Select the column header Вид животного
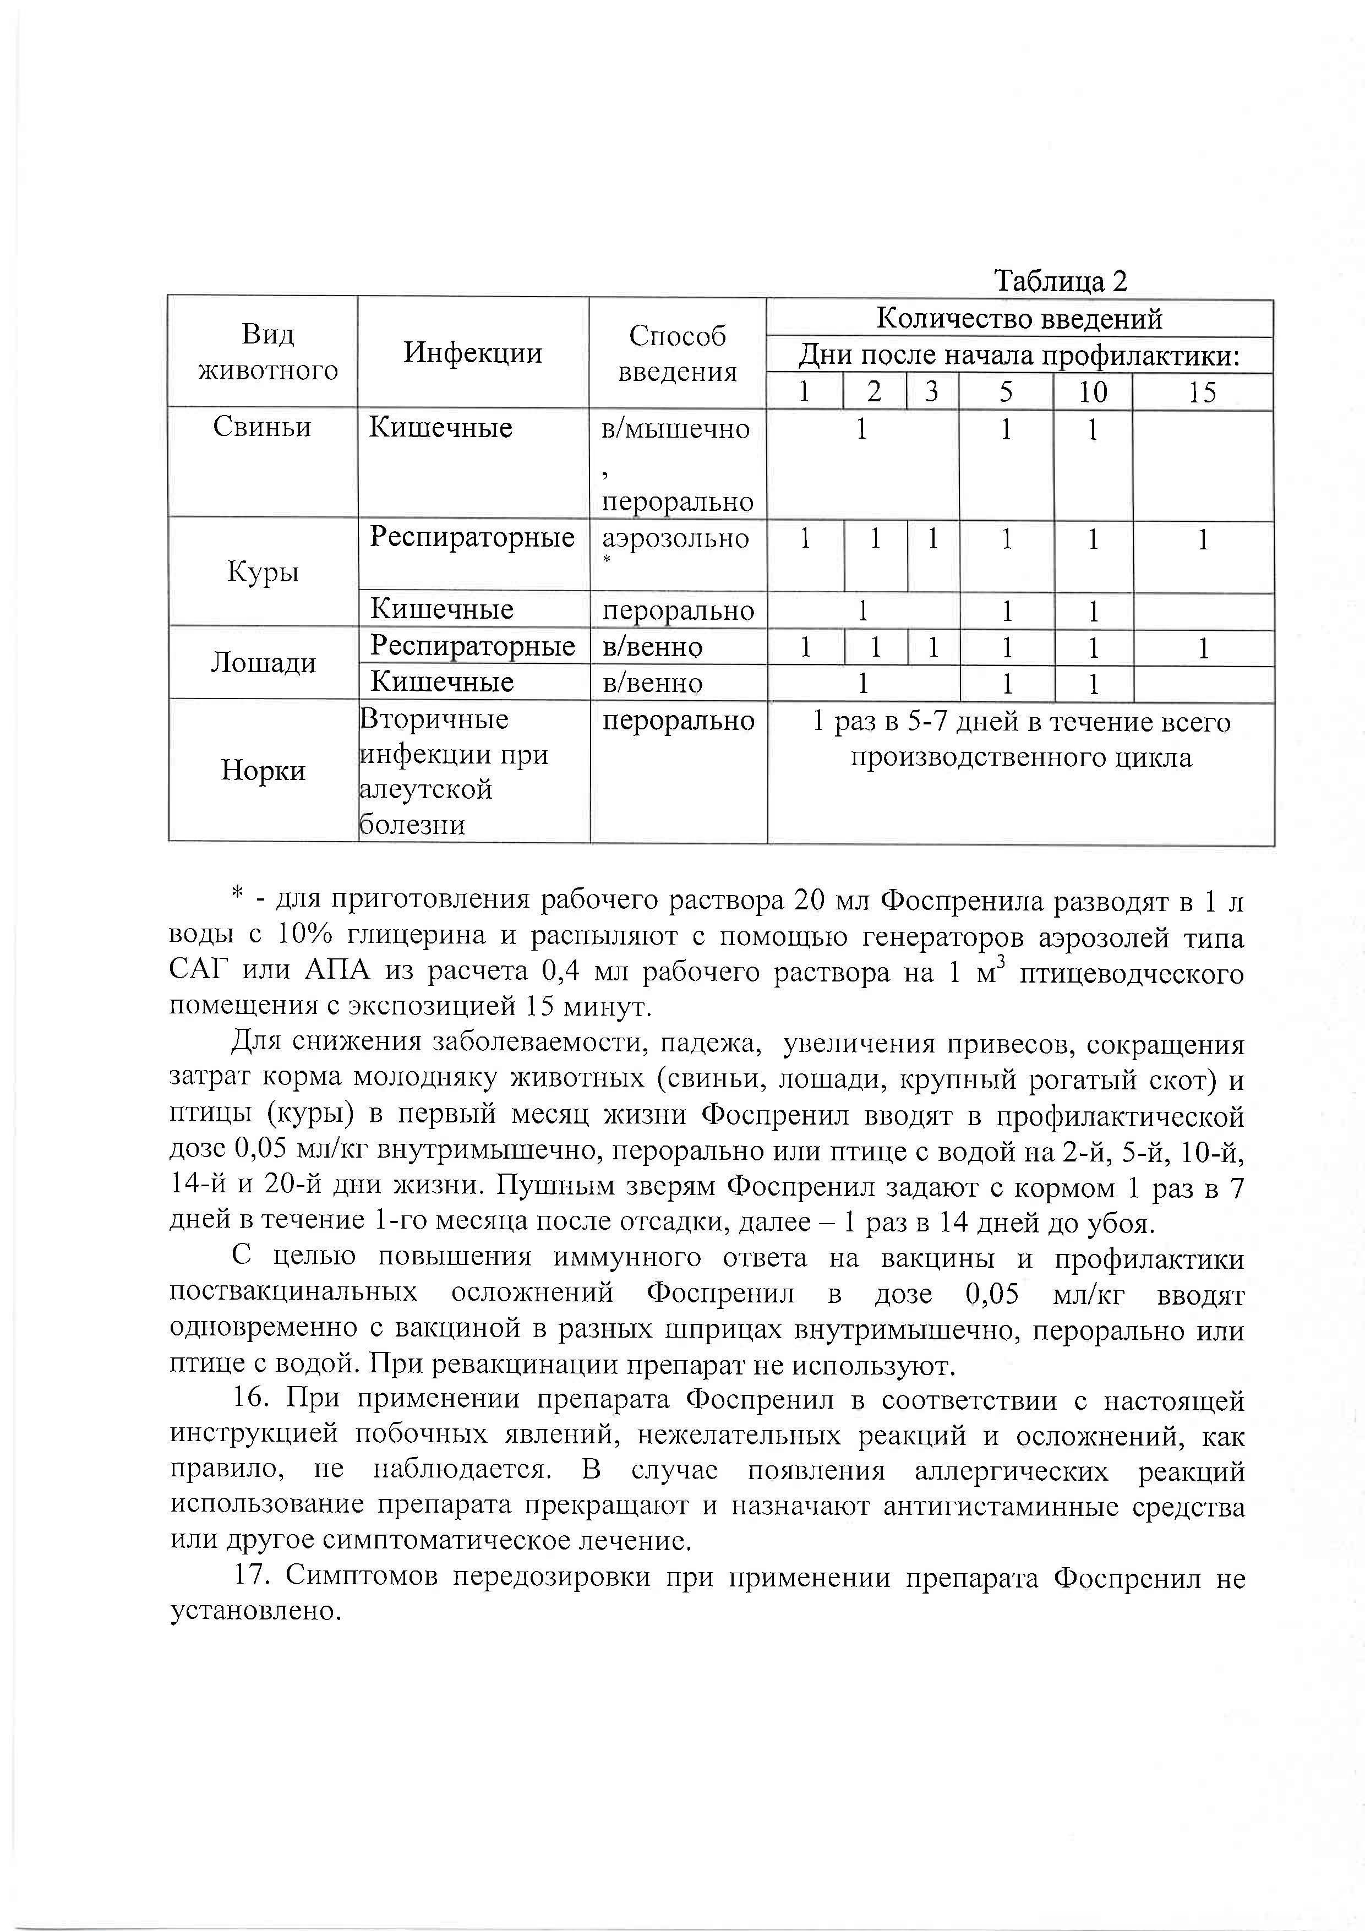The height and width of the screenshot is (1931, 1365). coord(267,352)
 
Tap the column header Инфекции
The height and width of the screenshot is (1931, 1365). coord(473,352)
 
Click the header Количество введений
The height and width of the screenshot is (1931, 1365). coord(1019,319)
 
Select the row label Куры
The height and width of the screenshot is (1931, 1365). coord(263,572)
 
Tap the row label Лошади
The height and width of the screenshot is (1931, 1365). coord(263,663)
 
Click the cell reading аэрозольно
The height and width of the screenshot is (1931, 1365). coord(675,538)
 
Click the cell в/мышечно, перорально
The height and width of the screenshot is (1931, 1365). coord(677,464)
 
